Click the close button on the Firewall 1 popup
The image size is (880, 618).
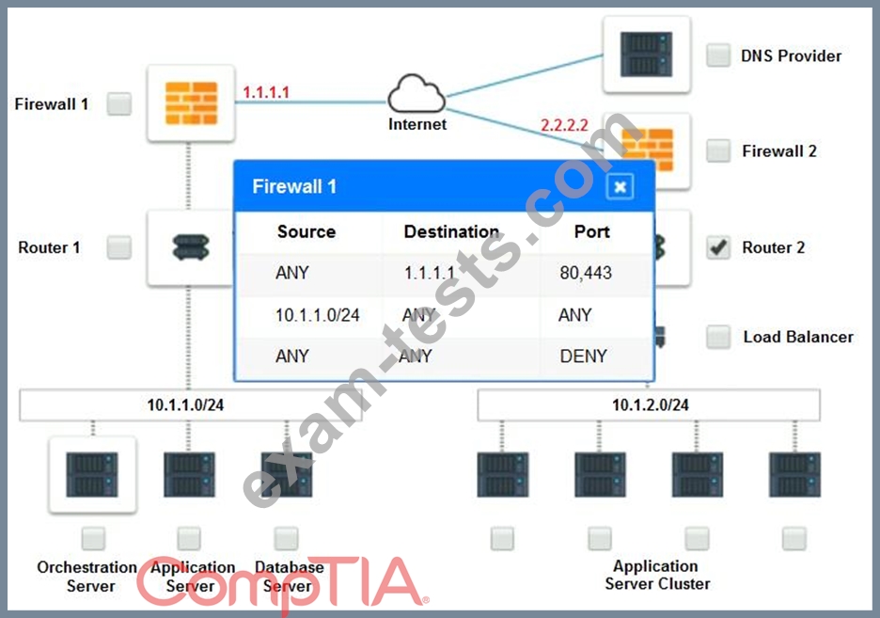click(621, 187)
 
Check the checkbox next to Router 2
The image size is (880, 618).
click(717, 247)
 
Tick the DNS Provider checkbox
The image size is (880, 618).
click(717, 55)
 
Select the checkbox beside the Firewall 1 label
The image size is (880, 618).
click(119, 103)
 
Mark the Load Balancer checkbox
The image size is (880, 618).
click(717, 337)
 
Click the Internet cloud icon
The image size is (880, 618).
click(416, 94)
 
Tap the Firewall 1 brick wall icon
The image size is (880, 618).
click(192, 103)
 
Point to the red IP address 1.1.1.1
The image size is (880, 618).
click(265, 92)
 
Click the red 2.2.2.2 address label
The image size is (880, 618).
click(564, 124)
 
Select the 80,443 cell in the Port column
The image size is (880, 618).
click(586, 273)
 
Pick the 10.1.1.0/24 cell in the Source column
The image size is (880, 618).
click(317, 315)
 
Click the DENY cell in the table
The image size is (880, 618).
click(583, 356)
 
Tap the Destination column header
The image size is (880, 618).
click(451, 231)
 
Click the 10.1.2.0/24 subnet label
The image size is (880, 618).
click(650, 404)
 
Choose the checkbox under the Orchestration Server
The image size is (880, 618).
click(93, 538)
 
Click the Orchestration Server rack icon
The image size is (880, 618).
click(92, 475)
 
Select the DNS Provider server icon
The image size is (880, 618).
click(647, 54)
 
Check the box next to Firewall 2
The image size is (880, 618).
click(717, 151)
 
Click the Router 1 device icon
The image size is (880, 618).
click(191, 247)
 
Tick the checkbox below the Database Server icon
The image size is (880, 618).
click(286, 538)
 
